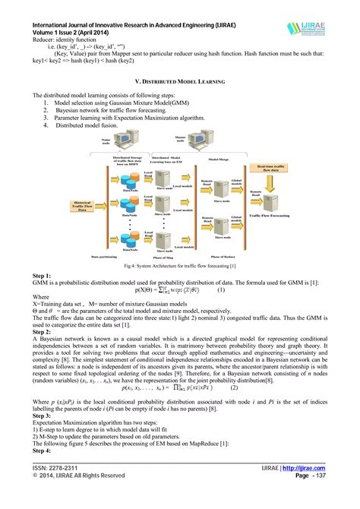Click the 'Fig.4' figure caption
coord(179,266)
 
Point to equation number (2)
coord(234,387)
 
